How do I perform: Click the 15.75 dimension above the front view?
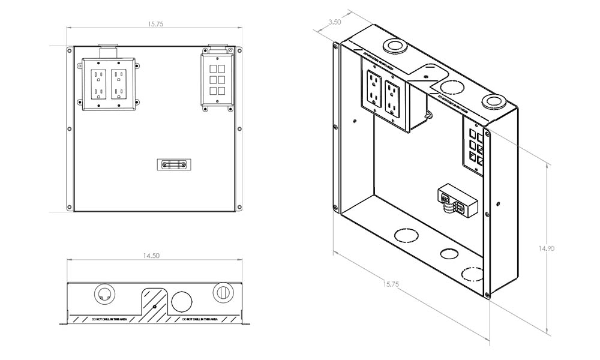coord(155,24)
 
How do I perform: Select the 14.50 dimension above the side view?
coord(151,256)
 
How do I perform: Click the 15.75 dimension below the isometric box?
coord(390,284)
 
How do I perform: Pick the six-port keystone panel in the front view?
coord(217,82)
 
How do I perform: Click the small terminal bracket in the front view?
coord(174,164)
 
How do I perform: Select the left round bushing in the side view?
coord(104,293)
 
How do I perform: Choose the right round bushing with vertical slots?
coord(223,292)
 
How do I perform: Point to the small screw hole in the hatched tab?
coord(155,307)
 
